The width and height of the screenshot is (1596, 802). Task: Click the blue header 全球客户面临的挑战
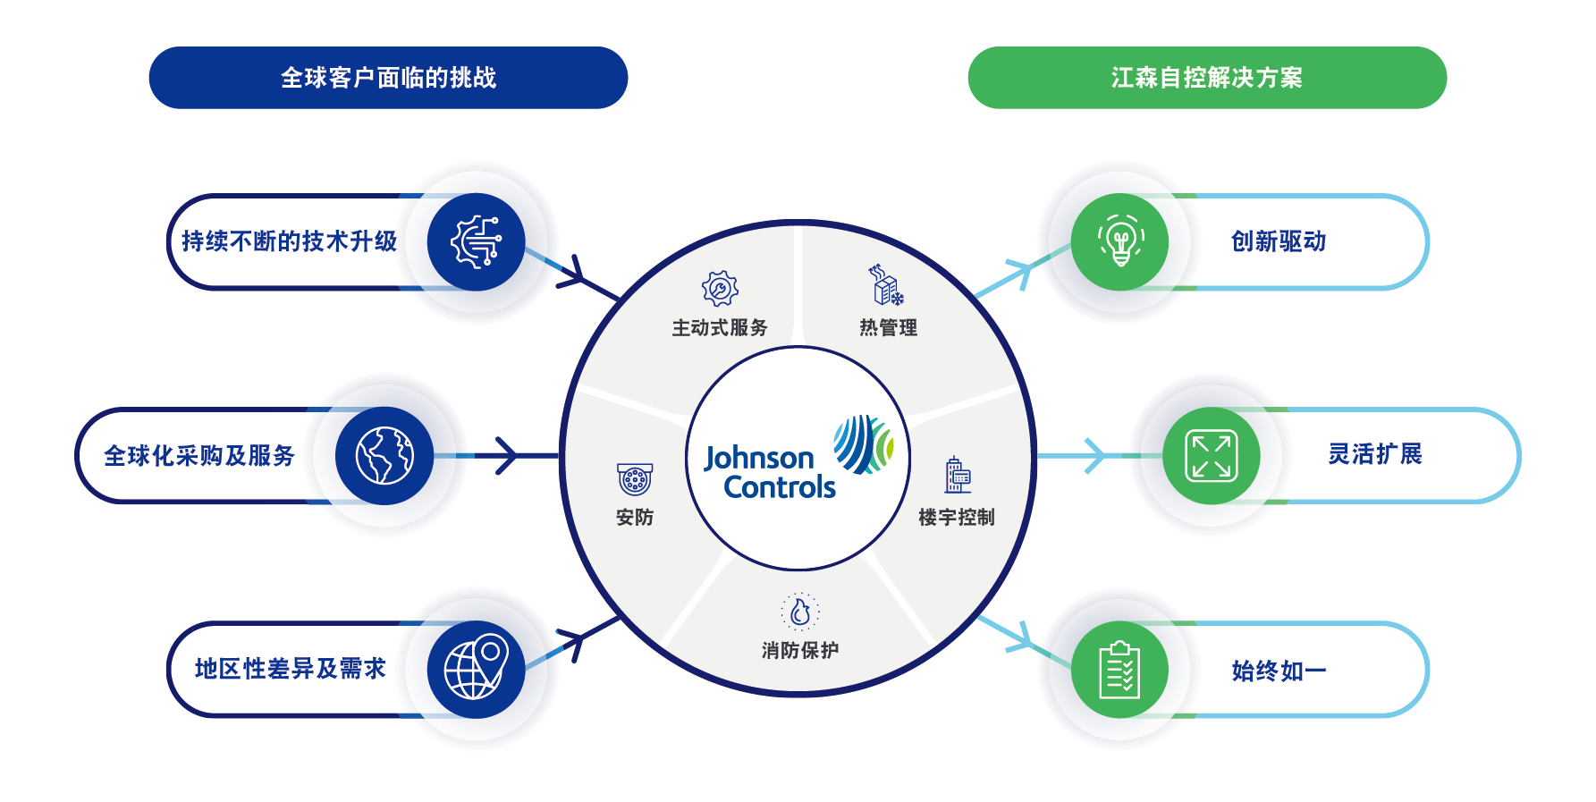[388, 78]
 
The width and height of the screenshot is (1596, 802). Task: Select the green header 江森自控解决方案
[1206, 78]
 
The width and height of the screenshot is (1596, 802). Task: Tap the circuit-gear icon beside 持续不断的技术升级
[476, 241]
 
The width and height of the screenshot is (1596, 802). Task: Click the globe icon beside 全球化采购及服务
[384, 456]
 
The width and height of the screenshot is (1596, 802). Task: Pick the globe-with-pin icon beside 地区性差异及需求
[476, 669]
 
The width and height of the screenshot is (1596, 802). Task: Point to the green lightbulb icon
[1120, 241]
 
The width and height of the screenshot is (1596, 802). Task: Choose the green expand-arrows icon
[1211, 456]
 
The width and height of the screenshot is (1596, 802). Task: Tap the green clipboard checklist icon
[1119, 670]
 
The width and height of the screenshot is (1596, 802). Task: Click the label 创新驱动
[1279, 241]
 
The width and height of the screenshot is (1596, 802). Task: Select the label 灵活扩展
[1375, 454]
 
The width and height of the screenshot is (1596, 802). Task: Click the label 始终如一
[1279, 671]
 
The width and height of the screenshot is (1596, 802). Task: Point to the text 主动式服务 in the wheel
[720, 327]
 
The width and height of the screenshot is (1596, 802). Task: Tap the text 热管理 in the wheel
[888, 327]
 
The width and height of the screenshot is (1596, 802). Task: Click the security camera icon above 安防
[635, 479]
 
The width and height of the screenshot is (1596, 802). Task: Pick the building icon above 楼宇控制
[957, 476]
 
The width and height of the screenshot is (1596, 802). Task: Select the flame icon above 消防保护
[800, 612]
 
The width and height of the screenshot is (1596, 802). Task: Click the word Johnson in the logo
[758, 458]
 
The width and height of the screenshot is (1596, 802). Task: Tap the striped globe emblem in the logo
[863, 443]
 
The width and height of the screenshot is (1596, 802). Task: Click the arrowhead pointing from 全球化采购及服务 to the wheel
[508, 456]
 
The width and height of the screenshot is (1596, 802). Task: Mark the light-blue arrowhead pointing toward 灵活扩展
[1094, 456]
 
